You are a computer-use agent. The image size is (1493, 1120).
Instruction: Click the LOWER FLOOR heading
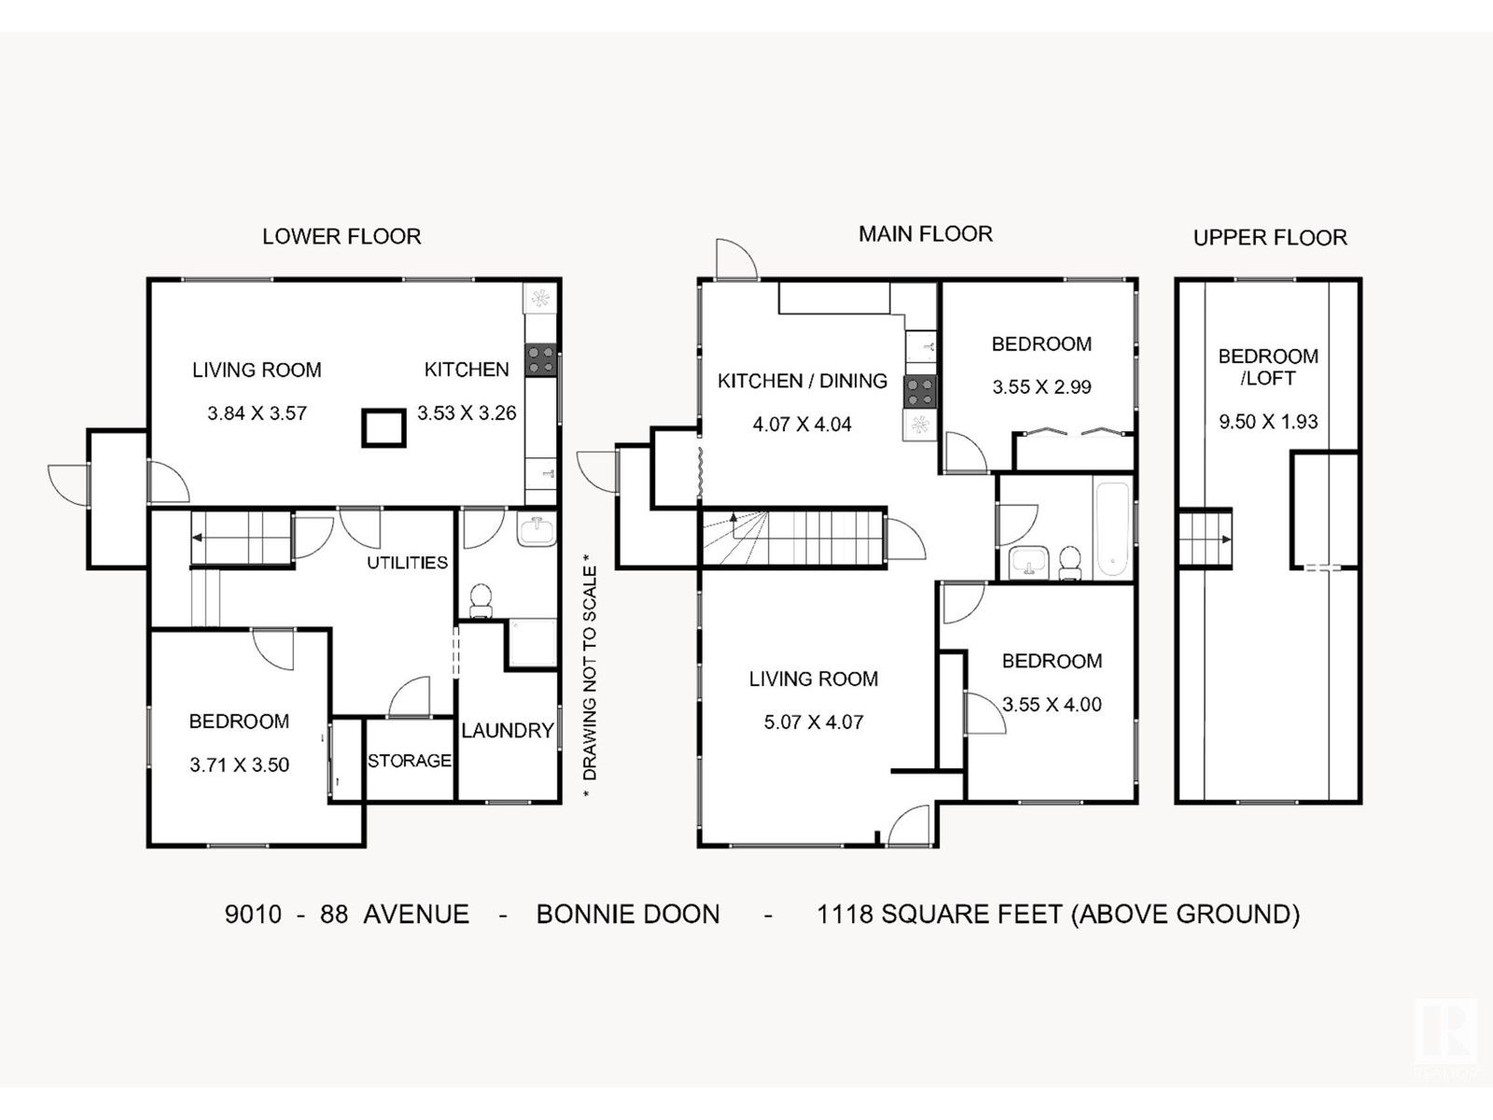342,237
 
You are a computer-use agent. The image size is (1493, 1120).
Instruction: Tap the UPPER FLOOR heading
1270,238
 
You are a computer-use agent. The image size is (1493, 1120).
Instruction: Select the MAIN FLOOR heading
925,234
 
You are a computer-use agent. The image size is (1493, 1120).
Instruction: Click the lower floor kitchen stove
540,359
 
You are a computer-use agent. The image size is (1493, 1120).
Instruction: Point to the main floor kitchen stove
920,392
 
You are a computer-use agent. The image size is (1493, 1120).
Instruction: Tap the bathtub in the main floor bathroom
1113,527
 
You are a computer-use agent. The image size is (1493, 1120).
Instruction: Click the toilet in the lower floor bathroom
481,600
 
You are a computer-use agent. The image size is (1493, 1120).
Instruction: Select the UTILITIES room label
408,563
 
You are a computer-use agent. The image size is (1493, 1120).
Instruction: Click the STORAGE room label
410,761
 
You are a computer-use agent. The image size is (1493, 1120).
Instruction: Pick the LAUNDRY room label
508,731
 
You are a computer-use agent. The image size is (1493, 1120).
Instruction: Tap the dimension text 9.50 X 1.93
1268,422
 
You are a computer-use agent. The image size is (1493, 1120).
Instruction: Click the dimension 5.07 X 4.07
814,721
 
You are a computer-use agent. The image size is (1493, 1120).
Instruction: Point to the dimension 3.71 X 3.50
240,765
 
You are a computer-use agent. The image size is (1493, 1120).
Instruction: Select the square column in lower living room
384,427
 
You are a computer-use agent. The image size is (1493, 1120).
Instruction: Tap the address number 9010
253,915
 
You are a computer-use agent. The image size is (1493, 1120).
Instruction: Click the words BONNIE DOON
628,915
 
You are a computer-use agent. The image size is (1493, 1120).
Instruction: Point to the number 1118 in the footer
844,915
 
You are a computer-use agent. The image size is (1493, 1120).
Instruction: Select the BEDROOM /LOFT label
1268,367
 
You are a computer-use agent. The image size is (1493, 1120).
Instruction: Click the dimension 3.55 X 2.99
1041,387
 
